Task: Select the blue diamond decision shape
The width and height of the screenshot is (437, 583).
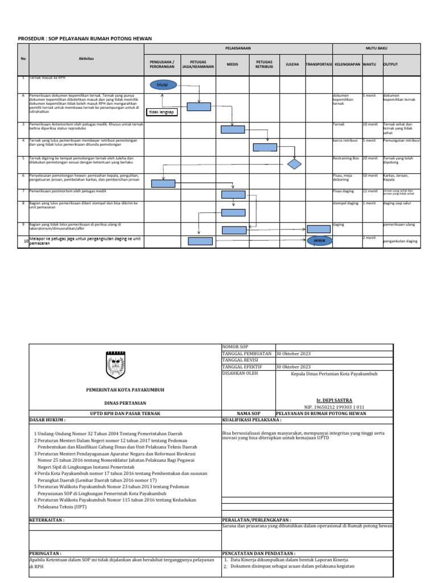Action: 294,165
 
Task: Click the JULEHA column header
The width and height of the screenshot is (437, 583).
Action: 292,64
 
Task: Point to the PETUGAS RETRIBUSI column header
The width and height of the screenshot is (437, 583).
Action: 264,64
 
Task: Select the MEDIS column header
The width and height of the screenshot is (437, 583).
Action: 232,64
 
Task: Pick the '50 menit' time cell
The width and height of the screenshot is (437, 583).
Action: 370,175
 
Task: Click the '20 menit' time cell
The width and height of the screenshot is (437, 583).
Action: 370,158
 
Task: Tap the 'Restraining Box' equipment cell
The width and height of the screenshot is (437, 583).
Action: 346,158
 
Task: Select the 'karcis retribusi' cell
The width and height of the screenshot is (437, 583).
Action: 345,140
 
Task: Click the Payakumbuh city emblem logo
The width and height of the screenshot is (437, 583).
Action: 124,364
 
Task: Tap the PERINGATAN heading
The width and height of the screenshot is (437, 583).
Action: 46,553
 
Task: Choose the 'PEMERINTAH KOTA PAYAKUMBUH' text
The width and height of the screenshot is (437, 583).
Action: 124,390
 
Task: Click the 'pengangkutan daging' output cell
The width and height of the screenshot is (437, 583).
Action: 401,241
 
